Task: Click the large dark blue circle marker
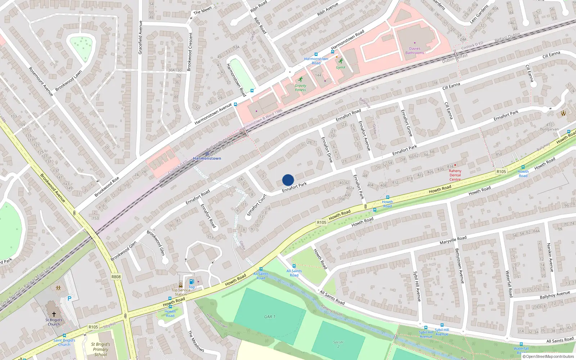tap(288, 180)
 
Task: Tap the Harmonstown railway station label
tap(207, 158)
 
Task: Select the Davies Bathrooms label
tap(415, 51)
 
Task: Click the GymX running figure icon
tap(341, 61)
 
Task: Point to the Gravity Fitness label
tap(300, 88)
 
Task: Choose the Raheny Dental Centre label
tap(455, 175)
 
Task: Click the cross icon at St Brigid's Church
tap(54, 314)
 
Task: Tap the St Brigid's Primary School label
tap(100, 349)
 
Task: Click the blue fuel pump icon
tap(192, 282)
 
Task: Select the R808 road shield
tap(116, 277)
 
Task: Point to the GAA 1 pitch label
tap(270, 317)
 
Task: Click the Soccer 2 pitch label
tap(338, 344)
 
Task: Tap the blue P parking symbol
tap(69, 298)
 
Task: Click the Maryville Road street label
tap(453, 240)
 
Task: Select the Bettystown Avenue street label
tap(459, 266)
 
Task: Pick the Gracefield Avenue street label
tap(140, 37)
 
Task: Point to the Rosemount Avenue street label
tap(41, 82)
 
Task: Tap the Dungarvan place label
tap(549, 129)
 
